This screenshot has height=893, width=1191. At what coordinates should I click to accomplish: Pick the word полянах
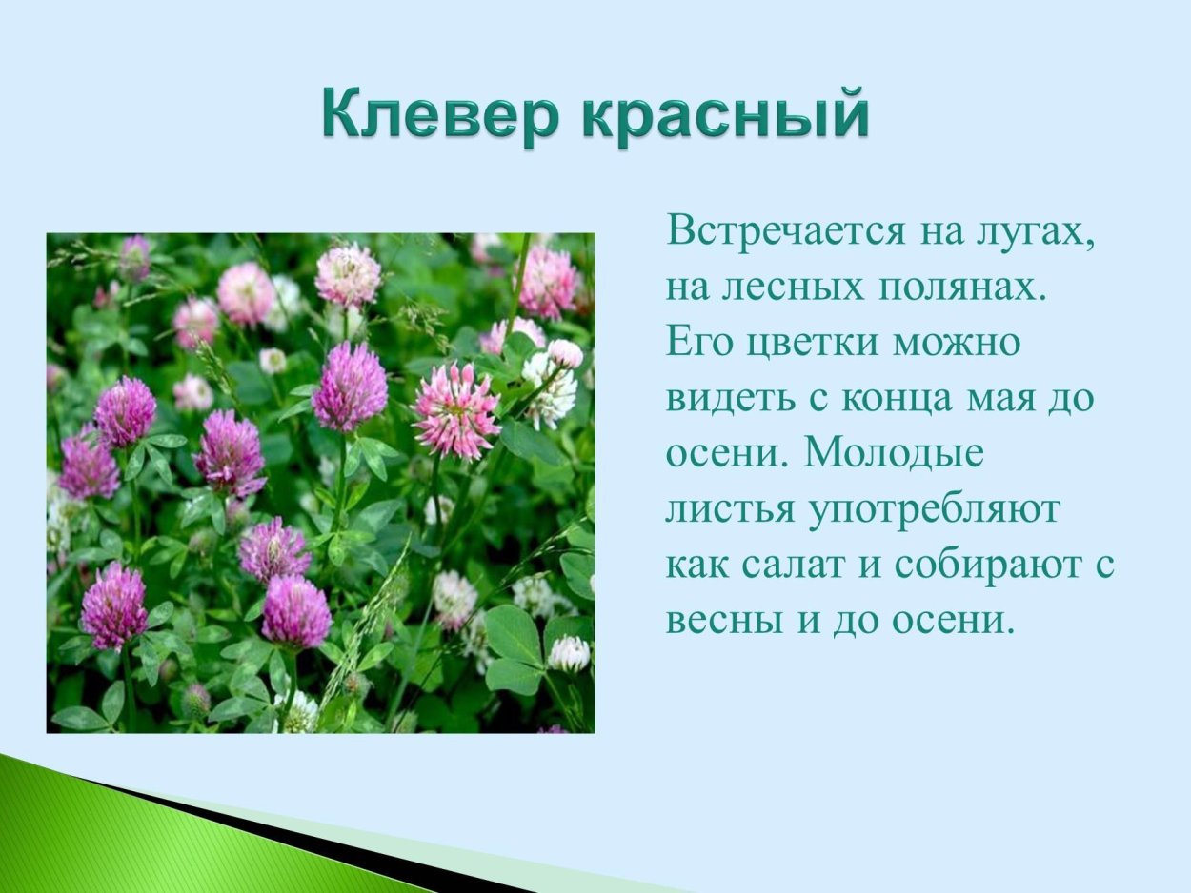click(x=962, y=288)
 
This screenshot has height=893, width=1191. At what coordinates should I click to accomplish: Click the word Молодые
click(x=893, y=454)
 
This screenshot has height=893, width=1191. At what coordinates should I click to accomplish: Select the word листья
click(x=729, y=510)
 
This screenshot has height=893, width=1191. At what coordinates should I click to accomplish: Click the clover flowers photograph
click(x=320, y=483)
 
